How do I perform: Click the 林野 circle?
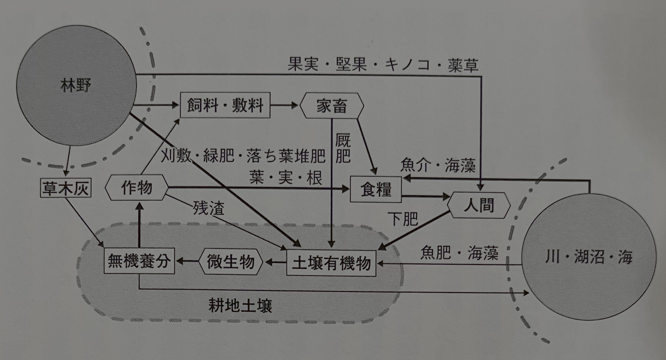click(76, 86)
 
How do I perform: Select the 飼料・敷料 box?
click(225, 105)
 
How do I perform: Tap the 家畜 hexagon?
click(332, 106)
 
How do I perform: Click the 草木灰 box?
click(65, 188)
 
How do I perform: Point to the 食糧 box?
click(376, 189)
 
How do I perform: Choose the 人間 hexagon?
click(479, 205)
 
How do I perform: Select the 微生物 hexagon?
click(230, 262)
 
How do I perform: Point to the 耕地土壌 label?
click(240, 306)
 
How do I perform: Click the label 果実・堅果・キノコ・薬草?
click(383, 65)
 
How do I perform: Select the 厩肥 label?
click(343, 149)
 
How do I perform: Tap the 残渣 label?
click(208, 208)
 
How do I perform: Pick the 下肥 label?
click(403, 219)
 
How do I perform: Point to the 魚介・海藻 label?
click(438, 165)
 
